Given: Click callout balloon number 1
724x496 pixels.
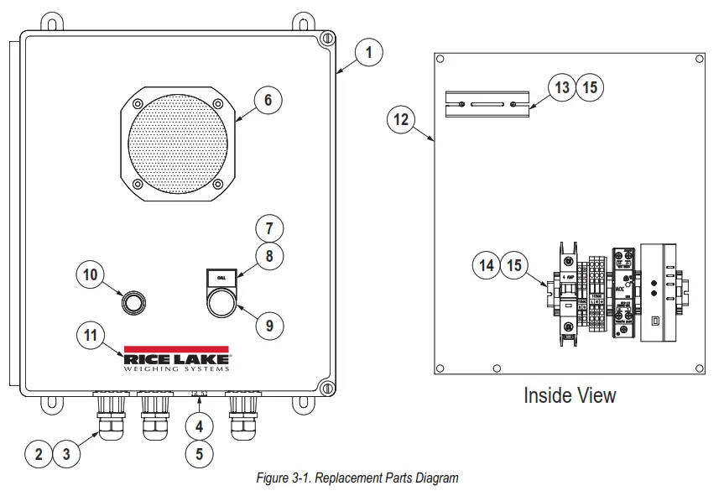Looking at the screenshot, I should click(x=367, y=52).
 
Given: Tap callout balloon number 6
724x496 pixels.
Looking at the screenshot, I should click(x=268, y=101).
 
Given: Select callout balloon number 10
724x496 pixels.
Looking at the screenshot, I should click(x=91, y=274).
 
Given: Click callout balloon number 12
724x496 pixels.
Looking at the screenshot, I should click(x=401, y=119).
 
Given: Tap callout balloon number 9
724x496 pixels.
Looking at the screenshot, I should click(x=269, y=326).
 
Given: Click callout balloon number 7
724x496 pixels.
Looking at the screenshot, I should click(x=269, y=227).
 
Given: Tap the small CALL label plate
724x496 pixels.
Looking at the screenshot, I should click(x=222, y=277).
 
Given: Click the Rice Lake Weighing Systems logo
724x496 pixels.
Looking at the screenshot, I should click(x=177, y=358).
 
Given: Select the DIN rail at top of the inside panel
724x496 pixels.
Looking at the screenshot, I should click(x=487, y=104).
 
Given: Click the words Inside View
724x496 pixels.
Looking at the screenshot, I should click(x=570, y=394).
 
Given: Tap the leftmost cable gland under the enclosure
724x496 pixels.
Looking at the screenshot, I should click(x=110, y=416).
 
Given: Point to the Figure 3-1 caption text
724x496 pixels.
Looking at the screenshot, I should click(x=357, y=478).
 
